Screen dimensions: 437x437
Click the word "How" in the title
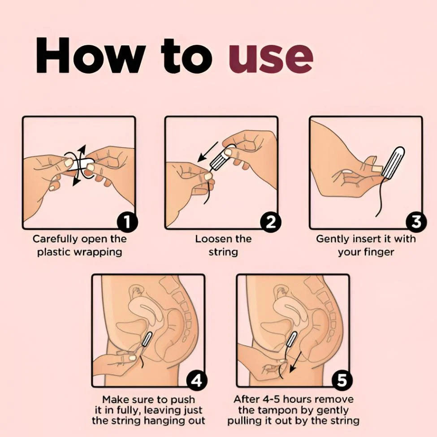91,55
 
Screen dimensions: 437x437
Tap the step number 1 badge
127,222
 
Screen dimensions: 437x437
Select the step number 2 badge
270,222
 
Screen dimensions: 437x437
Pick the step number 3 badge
416,222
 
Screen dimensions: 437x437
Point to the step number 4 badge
197,381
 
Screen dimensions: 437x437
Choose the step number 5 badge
342,381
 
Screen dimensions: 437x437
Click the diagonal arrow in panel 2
208,151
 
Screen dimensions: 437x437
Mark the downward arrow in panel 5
295,362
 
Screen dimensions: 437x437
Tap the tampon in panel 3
393,163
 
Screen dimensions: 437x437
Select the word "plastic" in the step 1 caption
54,252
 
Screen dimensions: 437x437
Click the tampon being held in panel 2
221,158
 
